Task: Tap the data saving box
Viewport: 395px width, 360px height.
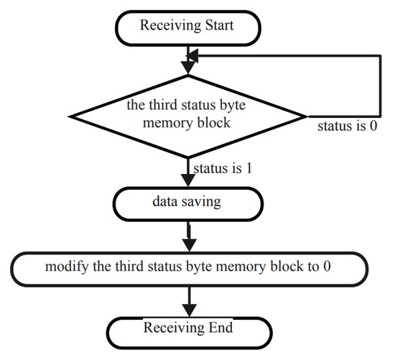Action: point(188,203)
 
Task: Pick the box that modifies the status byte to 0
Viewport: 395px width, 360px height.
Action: point(188,267)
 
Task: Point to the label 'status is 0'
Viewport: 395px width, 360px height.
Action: point(348,126)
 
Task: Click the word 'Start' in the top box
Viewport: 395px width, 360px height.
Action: point(220,28)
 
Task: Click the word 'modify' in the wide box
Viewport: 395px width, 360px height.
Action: point(64,267)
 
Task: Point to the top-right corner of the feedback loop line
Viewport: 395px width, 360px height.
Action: point(378,52)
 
